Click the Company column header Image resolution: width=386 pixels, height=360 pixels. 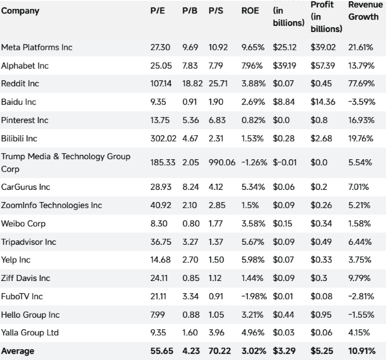pyautogui.click(x=20, y=11)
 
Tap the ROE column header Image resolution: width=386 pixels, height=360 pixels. pyautogui.click(x=250, y=11)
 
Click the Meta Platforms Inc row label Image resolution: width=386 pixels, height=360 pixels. pyautogui.click(x=37, y=46)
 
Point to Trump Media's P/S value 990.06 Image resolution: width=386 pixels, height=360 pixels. pyautogui.click(x=221, y=162)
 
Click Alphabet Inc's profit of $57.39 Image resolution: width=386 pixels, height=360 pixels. pyautogui.click(x=323, y=65)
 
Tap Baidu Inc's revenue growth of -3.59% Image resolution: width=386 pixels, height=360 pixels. pyautogui.click(x=362, y=101)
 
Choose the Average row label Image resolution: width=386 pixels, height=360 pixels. pyautogui.click(x=18, y=350)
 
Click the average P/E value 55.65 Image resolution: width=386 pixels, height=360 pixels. pyautogui.click(x=160, y=350)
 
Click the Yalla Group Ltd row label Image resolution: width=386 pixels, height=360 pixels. pyautogui.click(x=30, y=332)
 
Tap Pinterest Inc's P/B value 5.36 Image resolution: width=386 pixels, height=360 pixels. pyautogui.click(x=190, y=120)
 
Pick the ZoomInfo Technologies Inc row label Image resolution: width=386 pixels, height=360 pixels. pyautogui.click(x=52, y=206)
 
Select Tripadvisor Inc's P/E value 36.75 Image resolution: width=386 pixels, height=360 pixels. pyautogui.click(x=160, y=242)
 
